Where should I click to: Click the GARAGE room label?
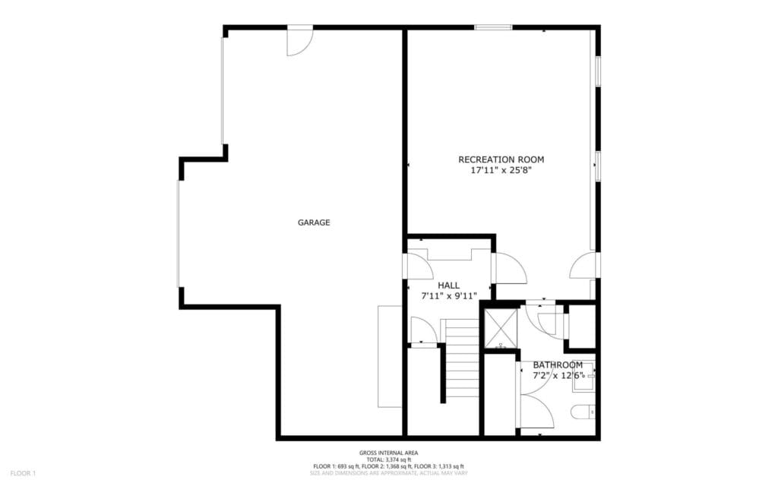pos(314,222)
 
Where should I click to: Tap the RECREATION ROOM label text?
pos(501,159)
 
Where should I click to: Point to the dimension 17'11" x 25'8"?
pos(501,171)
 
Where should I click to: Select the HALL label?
pos(448,286)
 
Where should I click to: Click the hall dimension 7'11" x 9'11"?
pos(448,296)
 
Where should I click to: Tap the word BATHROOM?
pos(558,364)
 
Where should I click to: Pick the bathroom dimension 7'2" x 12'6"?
pos(558,376)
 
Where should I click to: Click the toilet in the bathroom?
pos(583,412)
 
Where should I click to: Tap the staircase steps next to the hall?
pos(461,353)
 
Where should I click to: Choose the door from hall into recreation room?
pos(508,267)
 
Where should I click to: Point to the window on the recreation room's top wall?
pos(493,28)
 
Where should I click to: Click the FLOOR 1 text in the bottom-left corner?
pos(23,473)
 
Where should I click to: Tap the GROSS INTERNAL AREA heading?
pos(388,453)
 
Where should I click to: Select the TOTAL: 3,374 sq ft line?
pos(388,459)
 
